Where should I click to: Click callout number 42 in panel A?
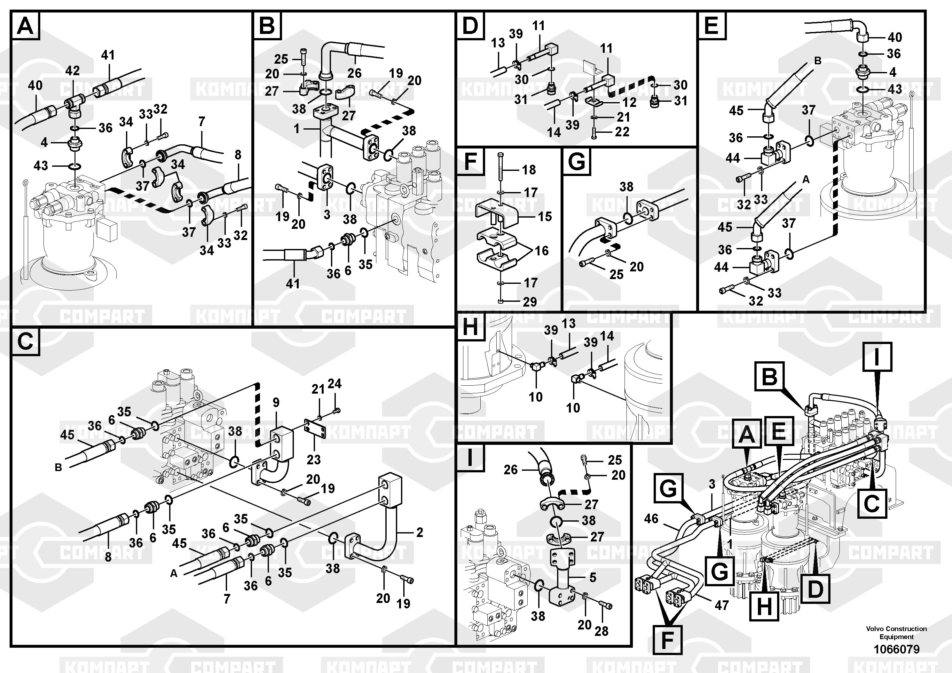(x=72, y=71)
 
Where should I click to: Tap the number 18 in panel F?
(x=529, y=170)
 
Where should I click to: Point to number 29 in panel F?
(x=530, y=302)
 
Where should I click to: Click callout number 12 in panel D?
(x=629, y=102)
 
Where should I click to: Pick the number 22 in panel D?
(x=622, y=132)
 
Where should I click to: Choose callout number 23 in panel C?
(x=313, y=460)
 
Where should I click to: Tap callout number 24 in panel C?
(x=334, y=384)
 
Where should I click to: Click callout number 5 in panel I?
(x=593, y=577)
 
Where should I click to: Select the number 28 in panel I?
(x=601, y=631)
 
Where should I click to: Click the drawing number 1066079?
(x=896, y=649)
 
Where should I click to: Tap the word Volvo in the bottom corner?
(x=875, y=629)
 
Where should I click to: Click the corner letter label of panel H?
(x=470, y=327)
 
